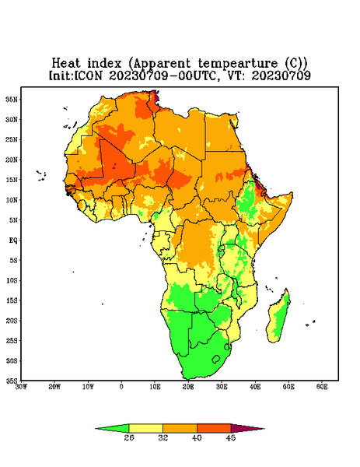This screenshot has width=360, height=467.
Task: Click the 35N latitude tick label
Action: coord(12,99)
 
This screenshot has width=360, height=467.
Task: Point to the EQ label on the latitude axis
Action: coord(13,240)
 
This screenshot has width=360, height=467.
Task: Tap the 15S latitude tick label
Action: coord(12,300)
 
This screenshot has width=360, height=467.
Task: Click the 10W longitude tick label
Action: coord(88,387)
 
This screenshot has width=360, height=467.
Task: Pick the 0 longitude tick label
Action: coord(121,387)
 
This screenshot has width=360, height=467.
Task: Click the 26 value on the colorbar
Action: coord(129,437)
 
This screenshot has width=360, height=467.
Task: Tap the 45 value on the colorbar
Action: coord(231,437)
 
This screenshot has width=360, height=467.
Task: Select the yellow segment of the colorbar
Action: coord(145,428)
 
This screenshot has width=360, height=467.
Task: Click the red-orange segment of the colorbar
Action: coord(214,428)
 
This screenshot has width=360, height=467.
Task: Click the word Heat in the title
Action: coord(66,64)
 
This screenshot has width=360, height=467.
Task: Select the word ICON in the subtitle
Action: coord(88,75)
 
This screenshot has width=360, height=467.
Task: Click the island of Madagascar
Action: coord(278,318)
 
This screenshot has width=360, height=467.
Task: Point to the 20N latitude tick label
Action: coord(12,160)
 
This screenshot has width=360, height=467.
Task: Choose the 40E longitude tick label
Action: coord(255,387)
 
